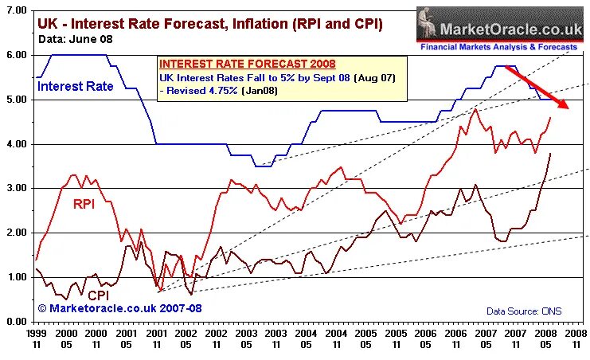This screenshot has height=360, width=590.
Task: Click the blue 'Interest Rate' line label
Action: point(75,86)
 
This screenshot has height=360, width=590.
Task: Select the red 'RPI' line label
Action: point(84,203)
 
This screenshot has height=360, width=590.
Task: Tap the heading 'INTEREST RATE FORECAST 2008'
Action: point(247,64)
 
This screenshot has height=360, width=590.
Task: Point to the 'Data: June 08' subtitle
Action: point(76,38)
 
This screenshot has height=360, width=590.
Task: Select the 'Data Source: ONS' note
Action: point(523,311)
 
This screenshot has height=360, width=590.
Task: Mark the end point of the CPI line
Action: point(549,153)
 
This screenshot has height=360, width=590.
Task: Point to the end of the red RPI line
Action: point(549,118)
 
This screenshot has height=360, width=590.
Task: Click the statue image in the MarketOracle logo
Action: point(429,23)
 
